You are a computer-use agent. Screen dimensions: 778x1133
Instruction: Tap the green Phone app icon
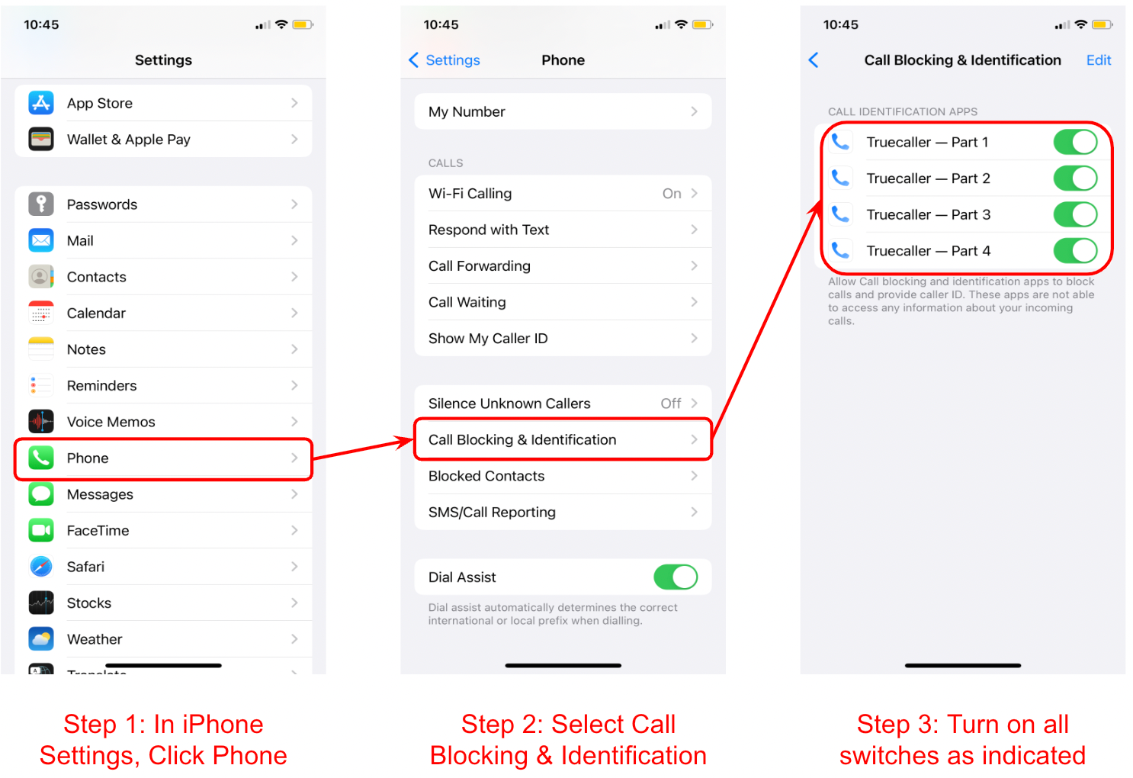point(41,458)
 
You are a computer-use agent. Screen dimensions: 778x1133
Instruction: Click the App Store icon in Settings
point(41,102)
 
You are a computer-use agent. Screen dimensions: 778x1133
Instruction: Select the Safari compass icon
point(41,567)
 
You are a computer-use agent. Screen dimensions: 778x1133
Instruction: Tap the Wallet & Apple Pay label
point(128,140)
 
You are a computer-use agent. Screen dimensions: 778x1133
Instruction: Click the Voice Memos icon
point(41,422)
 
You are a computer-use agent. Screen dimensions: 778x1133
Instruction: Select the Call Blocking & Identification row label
point(522,440)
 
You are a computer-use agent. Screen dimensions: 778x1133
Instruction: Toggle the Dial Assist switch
point(676,577)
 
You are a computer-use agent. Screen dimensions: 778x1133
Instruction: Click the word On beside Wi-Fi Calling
point(671,194)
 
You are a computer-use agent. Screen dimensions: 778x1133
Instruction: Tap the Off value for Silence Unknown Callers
point(670,403)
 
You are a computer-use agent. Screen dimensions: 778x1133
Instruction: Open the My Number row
point(563,112)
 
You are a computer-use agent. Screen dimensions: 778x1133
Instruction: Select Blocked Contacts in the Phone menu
point(486,476)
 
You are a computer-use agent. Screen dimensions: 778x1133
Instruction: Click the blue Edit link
point(1098,60)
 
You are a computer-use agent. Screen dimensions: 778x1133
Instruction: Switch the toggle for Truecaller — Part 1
point(1075,142)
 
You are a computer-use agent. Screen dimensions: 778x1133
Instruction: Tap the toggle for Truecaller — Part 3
point(1075,214)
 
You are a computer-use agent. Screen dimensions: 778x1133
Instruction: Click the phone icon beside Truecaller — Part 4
point(840,250)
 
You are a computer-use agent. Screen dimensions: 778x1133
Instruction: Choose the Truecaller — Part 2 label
point(928,178)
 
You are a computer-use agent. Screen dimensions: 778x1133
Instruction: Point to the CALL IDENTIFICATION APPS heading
point(902,111)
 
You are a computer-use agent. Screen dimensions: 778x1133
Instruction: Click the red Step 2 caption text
point(568,739)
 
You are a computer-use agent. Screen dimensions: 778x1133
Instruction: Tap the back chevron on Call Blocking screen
point(814,60)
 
